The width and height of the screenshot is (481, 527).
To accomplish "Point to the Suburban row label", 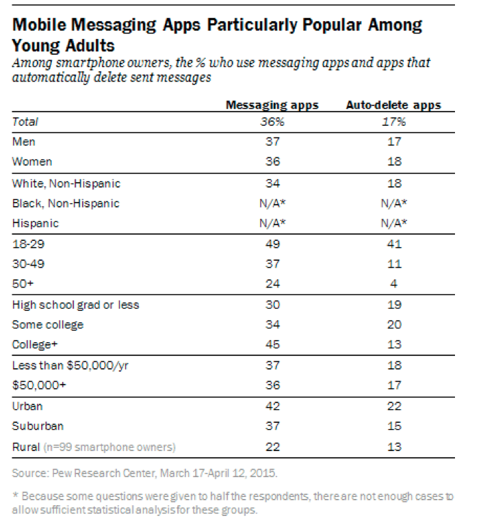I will tap(38, 426).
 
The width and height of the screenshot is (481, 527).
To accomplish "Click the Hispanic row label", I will tap(36, 223).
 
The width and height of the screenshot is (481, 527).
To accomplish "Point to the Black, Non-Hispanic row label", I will tap(66, 203).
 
